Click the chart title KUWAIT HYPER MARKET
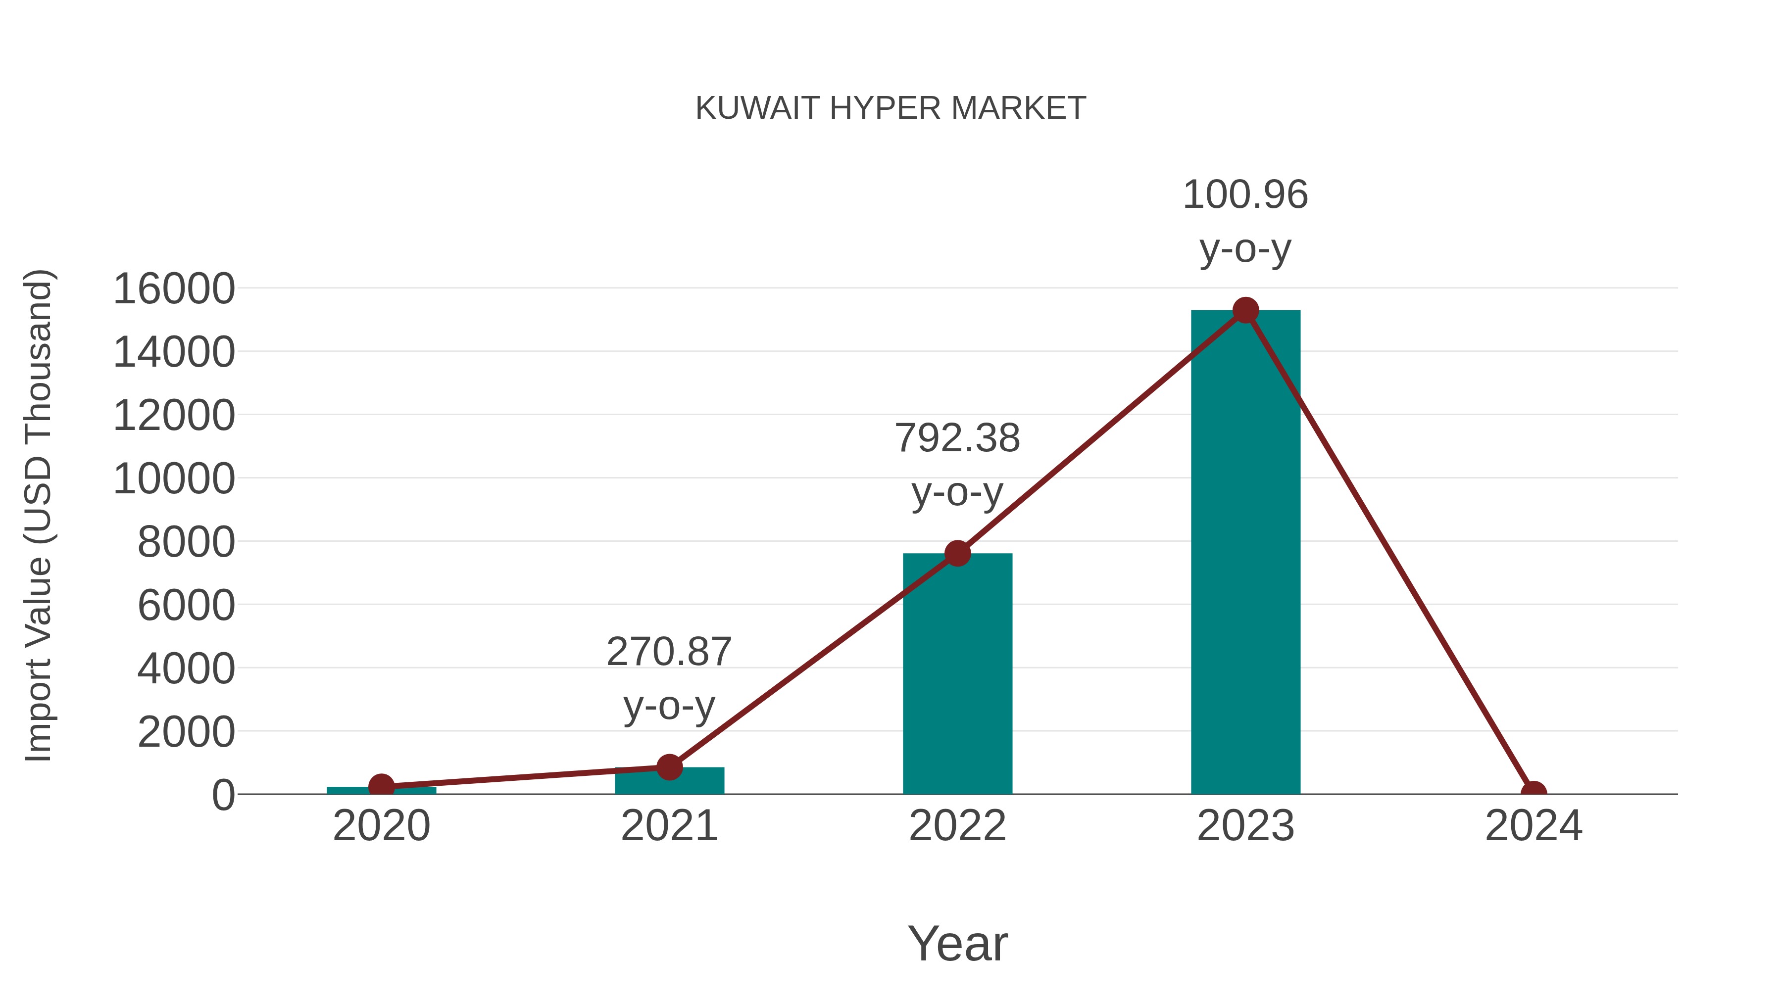[x=891, y=108]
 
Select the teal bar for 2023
[x=1245, y=553]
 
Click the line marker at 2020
[x=381, y=786]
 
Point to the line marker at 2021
[x=669, y=767]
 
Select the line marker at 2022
[x=957, y=553]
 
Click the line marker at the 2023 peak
[x=1245, y=310]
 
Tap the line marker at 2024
[x=1533, y=793]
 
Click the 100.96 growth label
[x=1245, y=195]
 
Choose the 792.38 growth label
[x=957, y=438]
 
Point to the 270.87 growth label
[x=669, y=652]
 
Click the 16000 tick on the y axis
[x=174, y=289]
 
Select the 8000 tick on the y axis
[x=186, y=542]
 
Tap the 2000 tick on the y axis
[x=186, y=732]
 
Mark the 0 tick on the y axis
[x=223, y=795]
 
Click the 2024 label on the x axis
[x=1533, y=826]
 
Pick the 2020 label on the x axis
[x=381, y=826]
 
